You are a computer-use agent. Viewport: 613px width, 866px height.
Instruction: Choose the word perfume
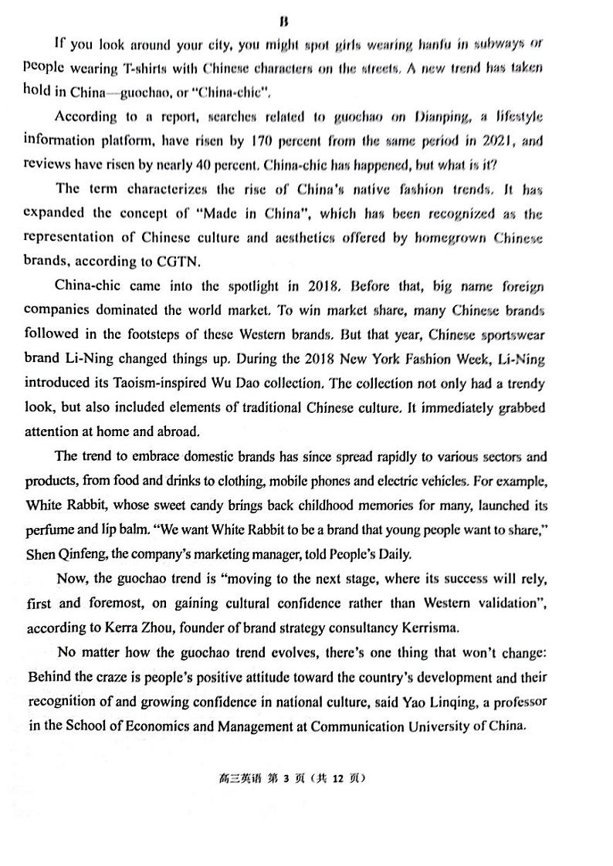pyautogui.click(x=51, y=529)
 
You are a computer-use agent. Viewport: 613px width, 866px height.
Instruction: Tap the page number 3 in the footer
pyautogui.click(x=286, y=779)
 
